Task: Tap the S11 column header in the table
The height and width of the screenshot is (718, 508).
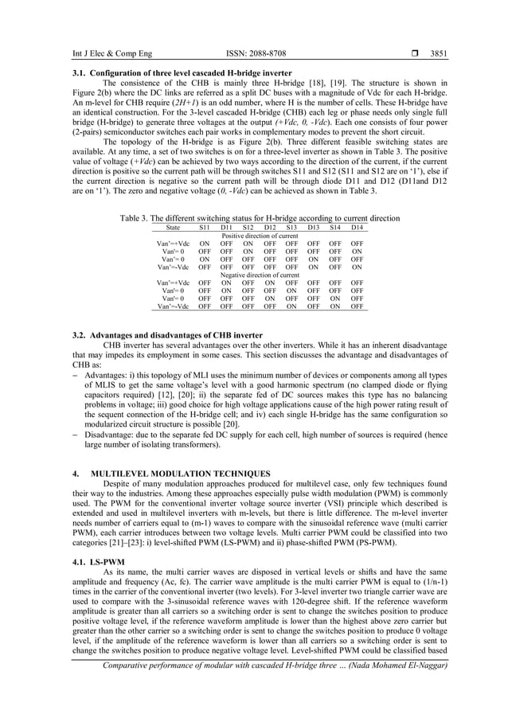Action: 205,227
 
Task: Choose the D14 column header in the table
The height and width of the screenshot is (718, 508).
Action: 357,227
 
